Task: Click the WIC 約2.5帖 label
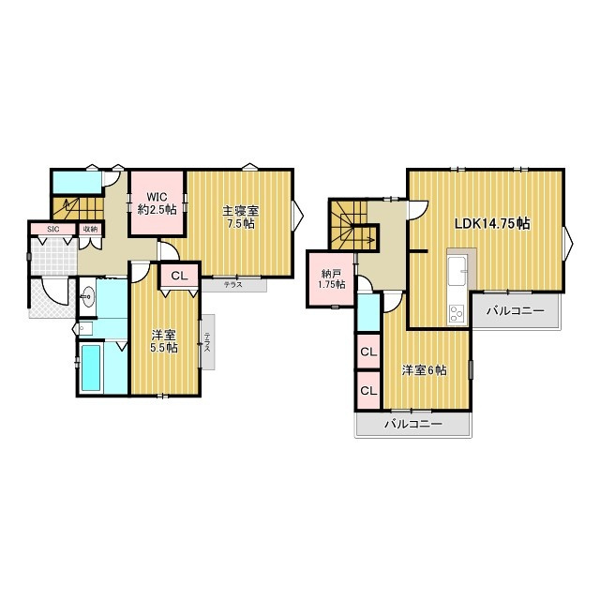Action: [x=157, y=203]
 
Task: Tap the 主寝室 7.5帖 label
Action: [x=241, y=217]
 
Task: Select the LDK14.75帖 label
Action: [x=492, y=223]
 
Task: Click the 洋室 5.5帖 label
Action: [x=164, y=341]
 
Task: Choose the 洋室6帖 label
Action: [x=424, y=370]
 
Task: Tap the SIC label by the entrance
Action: [x=52, y=229]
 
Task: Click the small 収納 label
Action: [x=91, y=229]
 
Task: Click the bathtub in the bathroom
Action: [x=91, y=367]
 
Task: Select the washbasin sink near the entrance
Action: [x=88, y=297]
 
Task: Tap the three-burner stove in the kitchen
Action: [x=457, y=314]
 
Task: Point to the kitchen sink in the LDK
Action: [x=457, y=271]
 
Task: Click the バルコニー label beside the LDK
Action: [x=515, y=310]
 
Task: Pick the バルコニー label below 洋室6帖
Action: [x=413, y=424]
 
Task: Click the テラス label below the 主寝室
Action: [x=233, y=285]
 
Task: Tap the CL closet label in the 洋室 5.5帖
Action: [x=179, y=276]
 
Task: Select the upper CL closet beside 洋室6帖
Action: [x=368, y=352]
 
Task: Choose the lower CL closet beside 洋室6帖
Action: [x=368, y=391]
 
